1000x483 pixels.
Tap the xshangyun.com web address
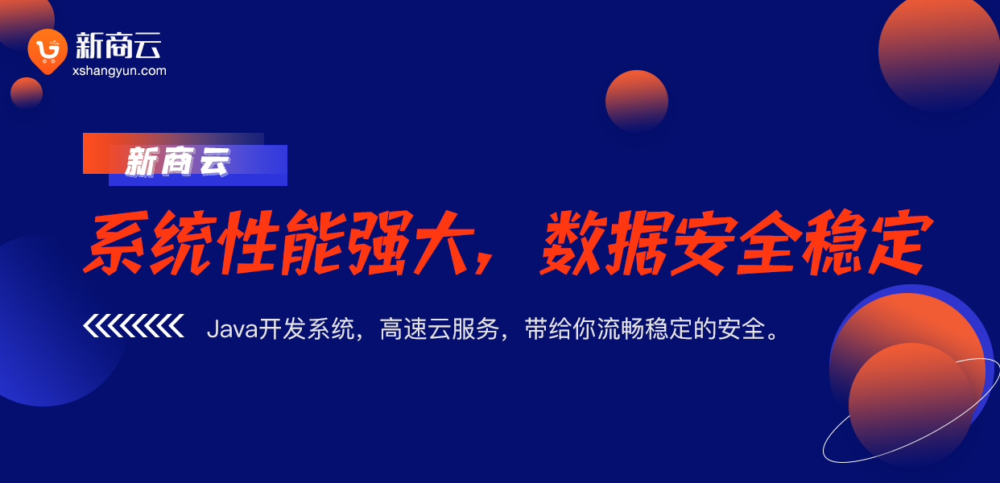(119, 71)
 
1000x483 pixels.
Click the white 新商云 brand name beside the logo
(118, 46)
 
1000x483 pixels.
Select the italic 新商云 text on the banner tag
(178, 161)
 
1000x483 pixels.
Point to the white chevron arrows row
(134, 325)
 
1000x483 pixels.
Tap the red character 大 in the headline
(442, 242)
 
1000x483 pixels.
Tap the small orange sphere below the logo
(27, 93)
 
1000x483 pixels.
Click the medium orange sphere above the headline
(637, 101)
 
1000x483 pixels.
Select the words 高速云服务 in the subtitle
(440, 329)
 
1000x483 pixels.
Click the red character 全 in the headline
(769, 242)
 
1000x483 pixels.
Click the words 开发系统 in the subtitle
(307, 329)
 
